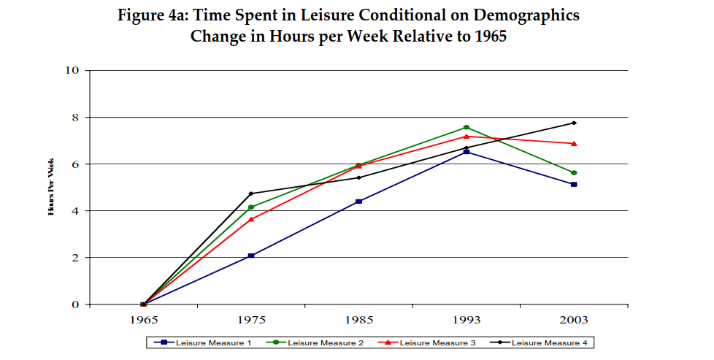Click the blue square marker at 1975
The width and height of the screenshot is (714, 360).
[x=251, y=256]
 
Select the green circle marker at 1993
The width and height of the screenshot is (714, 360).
[x=467, y=127]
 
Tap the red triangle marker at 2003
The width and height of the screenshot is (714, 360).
[x=574, y=143]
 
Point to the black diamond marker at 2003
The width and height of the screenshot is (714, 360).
[x=574, y=123]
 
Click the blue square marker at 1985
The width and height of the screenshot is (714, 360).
[x=358, y=202]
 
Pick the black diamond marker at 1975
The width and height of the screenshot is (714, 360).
[x=251, y=194]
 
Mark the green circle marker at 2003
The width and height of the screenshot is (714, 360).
[x=574, y=172]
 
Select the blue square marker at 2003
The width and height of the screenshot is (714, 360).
[x=574, y=184]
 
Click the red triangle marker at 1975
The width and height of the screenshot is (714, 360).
[x=251, y=219]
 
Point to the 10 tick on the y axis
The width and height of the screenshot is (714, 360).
[x=72, y=71]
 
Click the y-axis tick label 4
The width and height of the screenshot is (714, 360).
[x=74, y=211]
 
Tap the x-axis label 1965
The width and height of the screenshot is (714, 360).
[x=143, y=320]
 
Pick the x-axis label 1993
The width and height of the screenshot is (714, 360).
[x=467, y=320]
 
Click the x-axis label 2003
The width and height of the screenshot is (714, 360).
[x=574, y=320]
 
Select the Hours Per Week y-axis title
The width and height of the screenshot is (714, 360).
[x=51, y=188]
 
